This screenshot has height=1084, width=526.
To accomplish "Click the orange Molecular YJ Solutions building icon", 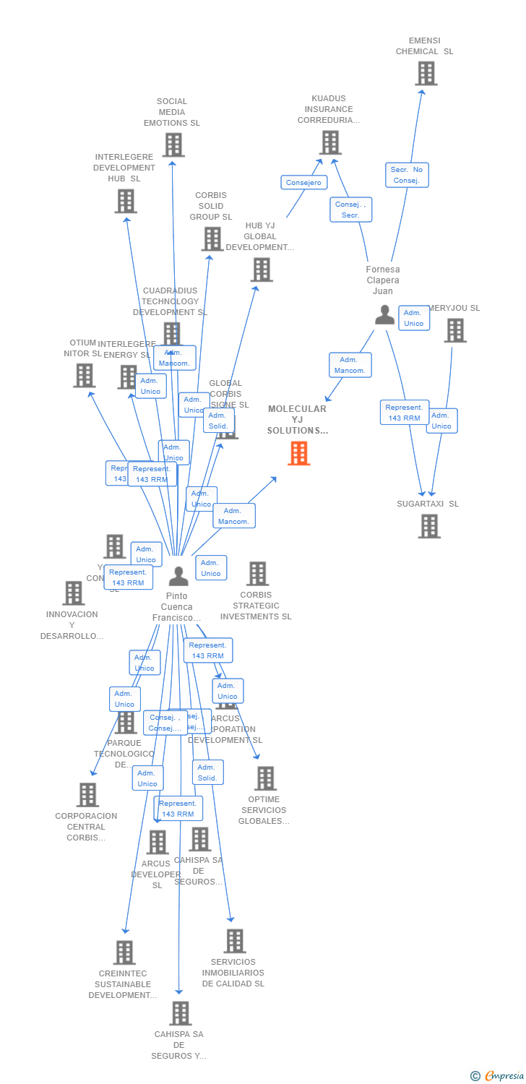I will tap(299, 453).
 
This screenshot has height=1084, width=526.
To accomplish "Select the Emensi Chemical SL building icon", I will tap(426, 74).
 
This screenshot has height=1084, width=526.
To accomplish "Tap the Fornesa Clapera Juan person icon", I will tap(384, 314).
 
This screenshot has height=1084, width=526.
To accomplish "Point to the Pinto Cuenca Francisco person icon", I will tap(178, 576).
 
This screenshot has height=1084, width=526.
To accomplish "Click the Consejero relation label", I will tap(303, 183).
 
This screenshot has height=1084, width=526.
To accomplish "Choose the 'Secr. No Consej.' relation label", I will tap(407, 175).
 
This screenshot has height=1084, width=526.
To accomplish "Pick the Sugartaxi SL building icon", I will tap(429, 526).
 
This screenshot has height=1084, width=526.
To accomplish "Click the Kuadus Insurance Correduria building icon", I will tap(330, 142).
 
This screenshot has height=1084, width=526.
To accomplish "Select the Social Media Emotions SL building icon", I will tap(173, 145).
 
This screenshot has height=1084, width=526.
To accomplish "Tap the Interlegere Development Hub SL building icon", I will tap(126, 201).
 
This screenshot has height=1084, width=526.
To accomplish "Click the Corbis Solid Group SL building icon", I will tap(212, 239).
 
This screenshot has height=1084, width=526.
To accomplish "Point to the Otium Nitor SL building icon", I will tap(85, 375).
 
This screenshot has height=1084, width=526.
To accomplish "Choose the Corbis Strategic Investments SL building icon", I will tap(257, 574).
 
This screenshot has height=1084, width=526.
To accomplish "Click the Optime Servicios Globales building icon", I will tap(265, 778).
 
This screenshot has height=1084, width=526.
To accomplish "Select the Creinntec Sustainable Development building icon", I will tap(124, 952).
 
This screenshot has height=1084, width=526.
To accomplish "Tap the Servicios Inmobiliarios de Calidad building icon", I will tap(234, 941).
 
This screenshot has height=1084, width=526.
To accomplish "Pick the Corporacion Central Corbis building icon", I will tap(87, 795).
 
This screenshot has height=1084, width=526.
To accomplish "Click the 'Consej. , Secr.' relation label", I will tap(351, 210).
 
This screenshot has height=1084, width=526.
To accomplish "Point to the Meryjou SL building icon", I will tap(454, 330).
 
